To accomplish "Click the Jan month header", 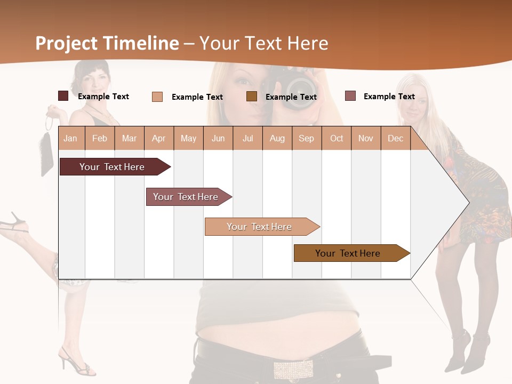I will point(70,138).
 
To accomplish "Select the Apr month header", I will point(158,138).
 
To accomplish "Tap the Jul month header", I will point(247,138).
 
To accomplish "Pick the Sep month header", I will point(306,138).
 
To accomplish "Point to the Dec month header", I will point(395,138).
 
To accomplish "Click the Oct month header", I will point(337,138).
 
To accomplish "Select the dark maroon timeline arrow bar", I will point(113,167).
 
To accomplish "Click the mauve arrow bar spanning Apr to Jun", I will point(186,197).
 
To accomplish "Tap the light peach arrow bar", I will point(260,227).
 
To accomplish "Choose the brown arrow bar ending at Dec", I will point(348,253).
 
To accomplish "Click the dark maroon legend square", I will point(63,96).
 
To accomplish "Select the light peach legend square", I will point(157,97).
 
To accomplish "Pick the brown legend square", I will point(252,96).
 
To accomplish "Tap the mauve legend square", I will point(350,96).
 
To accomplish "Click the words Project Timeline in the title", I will point(107,43).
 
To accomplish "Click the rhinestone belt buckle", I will point(293,369).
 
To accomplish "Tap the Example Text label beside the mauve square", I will point(389,96).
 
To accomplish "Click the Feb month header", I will point(100,138).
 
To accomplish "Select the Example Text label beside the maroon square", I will point(103,96).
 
